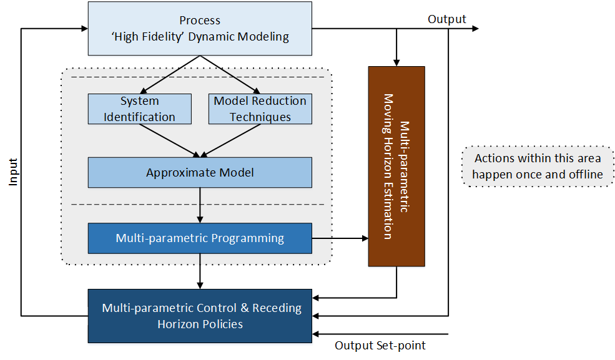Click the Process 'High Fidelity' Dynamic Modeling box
pos(200,29)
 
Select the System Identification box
pos(139,109)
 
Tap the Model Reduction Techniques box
pos(260,109)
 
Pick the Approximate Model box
pos(200,173)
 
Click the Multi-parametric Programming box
pos(200,238)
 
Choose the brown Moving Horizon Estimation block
pos(396,167)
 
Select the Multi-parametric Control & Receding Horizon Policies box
pos(200,316)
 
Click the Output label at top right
pos(446,19)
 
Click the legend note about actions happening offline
pos(538,167)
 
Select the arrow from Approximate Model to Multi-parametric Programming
pos(200,205)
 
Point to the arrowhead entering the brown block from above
pos(396,62)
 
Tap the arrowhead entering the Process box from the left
pos(84,29)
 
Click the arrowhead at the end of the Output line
pos(475,29)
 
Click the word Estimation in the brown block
pos(388,210)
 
